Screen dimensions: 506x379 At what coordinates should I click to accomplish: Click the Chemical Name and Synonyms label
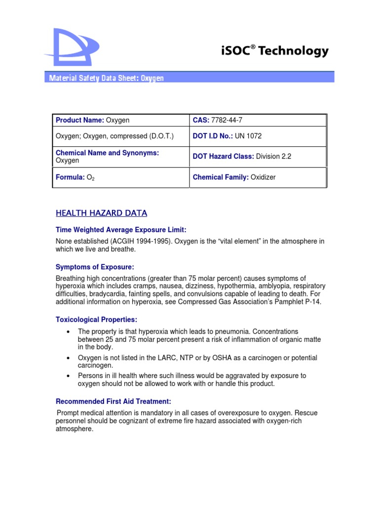(107, 153)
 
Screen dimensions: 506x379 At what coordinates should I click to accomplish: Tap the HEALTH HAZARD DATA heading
(101, 213)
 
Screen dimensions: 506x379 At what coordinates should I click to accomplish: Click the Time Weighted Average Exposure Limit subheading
(121, 230)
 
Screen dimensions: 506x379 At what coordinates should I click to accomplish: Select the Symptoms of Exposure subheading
(95, 267)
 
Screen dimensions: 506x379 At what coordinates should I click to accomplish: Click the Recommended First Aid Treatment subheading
(114, 401)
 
